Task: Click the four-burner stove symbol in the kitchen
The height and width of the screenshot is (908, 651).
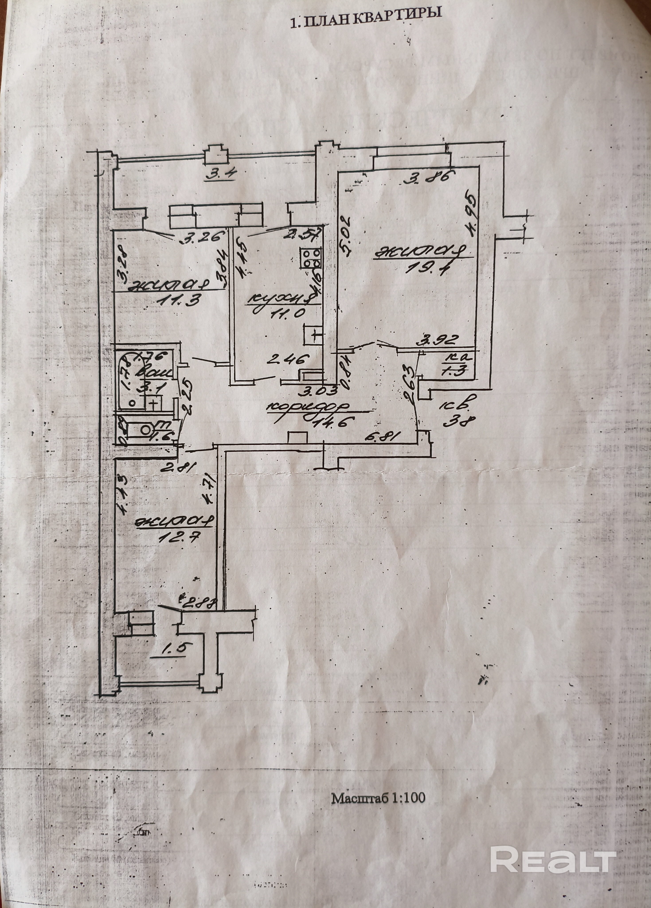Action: click(311, 259)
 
